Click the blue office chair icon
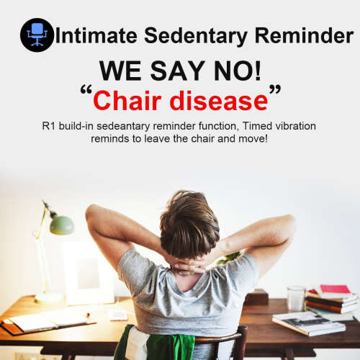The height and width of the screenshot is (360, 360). click(37, 35)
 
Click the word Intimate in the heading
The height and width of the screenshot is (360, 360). click(96, 35)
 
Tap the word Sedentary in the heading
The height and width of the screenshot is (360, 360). click(196, 37)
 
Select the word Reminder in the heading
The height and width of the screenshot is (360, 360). click(304, 35)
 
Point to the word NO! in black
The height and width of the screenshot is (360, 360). click(237, 71)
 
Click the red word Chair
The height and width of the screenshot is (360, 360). click(127, 101)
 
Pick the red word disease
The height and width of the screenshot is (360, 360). click(219, 101)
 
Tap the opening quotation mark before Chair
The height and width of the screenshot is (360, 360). click(86, 89)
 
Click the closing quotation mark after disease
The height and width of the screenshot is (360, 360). click(275, 89)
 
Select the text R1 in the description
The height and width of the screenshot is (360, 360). click(49, 126)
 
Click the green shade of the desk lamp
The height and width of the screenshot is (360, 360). click(62, 225)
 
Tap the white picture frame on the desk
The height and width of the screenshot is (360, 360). click(89, 273)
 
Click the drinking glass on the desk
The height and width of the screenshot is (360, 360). click(296, 298)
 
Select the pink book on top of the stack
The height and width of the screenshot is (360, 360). click(335, 290)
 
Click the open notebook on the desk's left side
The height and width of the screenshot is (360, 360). click(48, 320)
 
